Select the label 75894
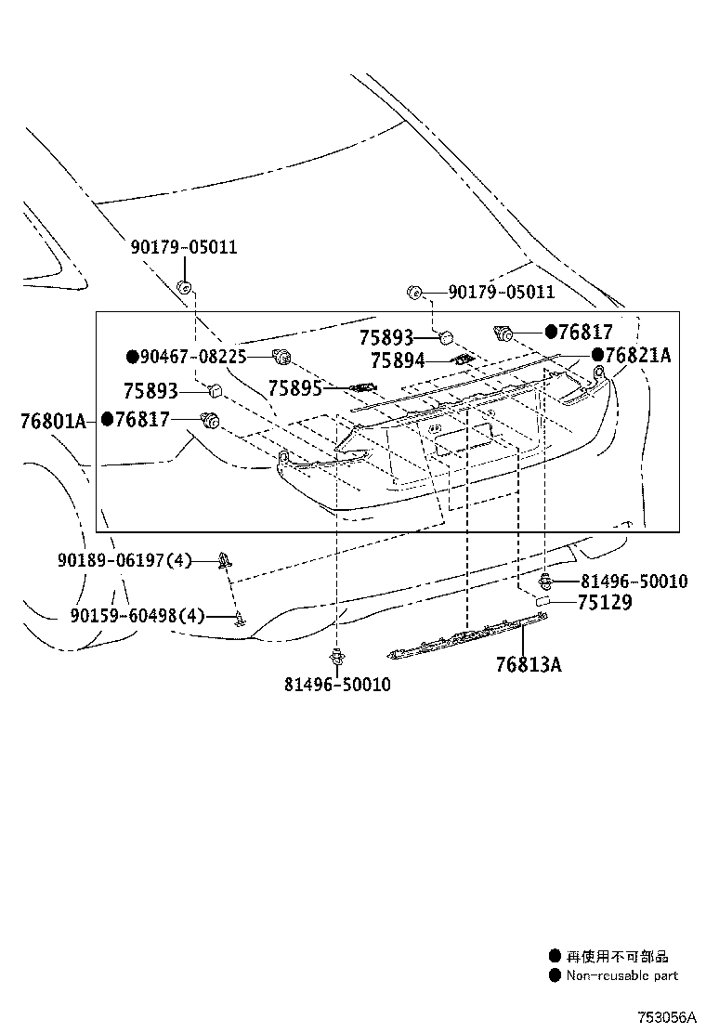[397, 360]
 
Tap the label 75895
[294, 388]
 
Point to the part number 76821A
[636, 355]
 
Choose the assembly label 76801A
[52, 421]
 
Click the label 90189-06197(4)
[124, 560]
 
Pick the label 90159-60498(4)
[137, 615]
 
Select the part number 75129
[604, 602]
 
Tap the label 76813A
[528, 664]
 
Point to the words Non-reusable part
[622, 975]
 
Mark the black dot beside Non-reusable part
[555, 975]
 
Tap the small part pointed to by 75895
[362, 387]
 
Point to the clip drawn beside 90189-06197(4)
[225, 559]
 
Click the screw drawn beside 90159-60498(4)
[241, 618]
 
